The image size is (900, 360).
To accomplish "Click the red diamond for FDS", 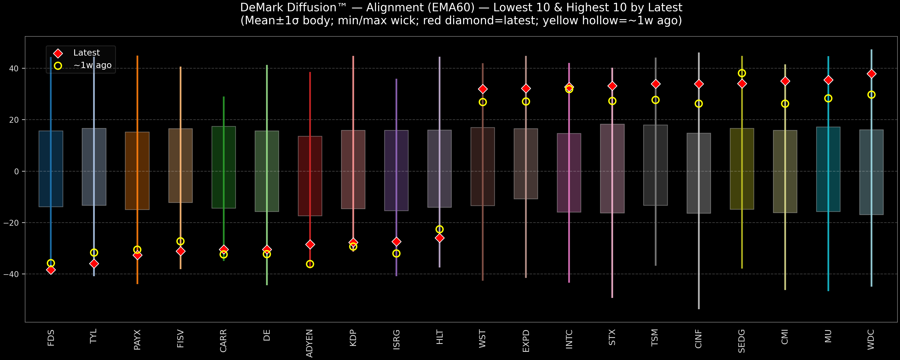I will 51,270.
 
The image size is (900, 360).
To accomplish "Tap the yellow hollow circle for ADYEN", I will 310,264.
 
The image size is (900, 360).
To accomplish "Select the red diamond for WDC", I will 871,74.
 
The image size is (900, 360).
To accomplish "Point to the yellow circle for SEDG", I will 742,73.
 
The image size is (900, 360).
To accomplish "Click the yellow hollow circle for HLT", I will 440,229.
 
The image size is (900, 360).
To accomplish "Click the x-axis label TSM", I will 655,338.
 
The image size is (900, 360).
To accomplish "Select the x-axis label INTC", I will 569,339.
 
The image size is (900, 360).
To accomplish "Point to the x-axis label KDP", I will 353,338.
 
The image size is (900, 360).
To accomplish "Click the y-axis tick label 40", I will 14,69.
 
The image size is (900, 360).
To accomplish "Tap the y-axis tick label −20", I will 11,223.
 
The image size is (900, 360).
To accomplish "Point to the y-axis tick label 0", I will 16,172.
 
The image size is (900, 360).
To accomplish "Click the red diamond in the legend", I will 58,53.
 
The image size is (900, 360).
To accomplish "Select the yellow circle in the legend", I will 58,66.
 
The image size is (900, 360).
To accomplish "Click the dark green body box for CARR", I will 224,167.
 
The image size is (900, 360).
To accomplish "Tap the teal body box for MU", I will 828,169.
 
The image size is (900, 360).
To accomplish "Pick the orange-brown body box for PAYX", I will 137,171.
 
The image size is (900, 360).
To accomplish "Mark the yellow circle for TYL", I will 94,252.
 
